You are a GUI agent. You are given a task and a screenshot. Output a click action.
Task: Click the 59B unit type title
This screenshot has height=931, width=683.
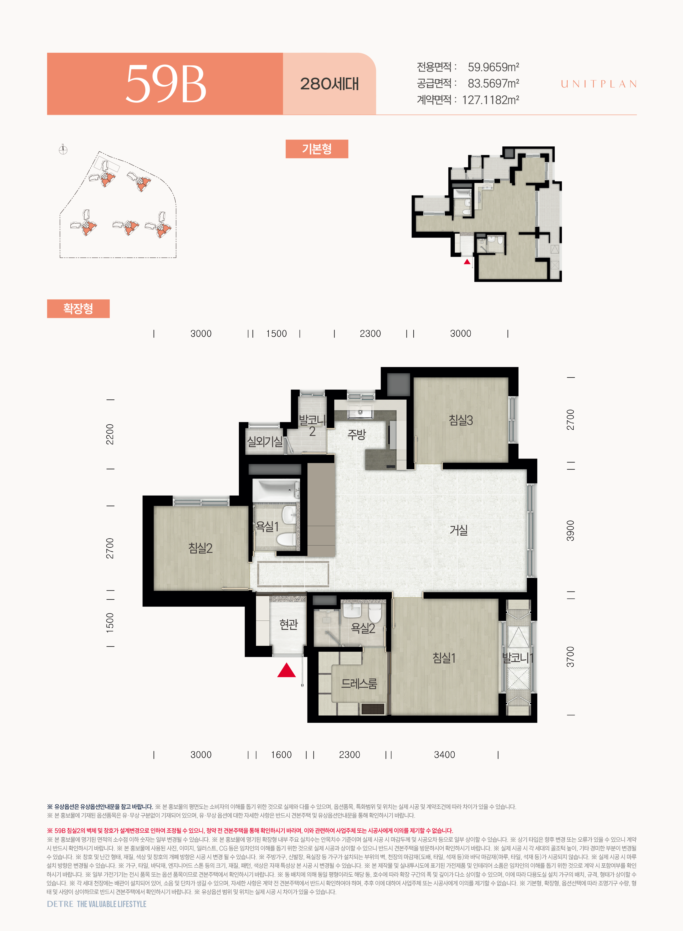[x=166, y=84]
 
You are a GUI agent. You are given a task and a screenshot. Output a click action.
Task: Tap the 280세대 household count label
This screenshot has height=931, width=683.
[x=330, y=84]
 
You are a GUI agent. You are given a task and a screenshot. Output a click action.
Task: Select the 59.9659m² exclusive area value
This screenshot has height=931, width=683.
[x=493, y=67]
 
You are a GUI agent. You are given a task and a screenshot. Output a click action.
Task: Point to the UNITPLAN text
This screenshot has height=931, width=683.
[x=599, y=84]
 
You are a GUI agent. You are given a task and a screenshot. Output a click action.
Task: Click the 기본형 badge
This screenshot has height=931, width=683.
[x=317, y=149]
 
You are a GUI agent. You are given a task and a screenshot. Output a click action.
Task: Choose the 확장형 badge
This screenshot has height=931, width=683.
[x=78, y=308]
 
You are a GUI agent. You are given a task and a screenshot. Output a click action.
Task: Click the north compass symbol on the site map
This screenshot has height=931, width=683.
[x=63, y=150]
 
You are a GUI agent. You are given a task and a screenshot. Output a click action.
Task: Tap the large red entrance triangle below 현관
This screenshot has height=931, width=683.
[x=286, y=670]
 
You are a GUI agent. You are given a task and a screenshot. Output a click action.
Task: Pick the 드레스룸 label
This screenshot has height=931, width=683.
[x=359, y=684]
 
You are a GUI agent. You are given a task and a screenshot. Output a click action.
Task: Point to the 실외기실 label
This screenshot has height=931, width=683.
[x=265, y=441]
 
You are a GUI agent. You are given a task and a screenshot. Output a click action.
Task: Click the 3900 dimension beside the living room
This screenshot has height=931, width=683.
[x=571, y=531]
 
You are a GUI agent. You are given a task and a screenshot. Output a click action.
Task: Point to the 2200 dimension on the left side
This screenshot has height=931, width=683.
[x=110, y=434]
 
